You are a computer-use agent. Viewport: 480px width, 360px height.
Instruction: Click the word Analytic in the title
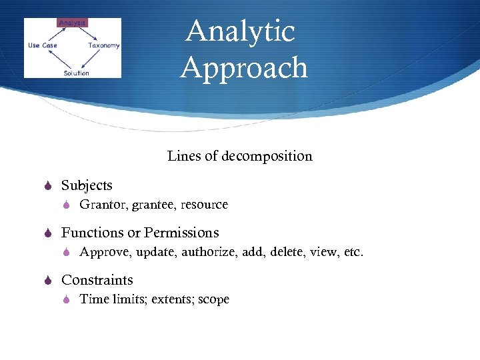coord(240,31)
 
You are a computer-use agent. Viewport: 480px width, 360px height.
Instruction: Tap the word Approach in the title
coord(244,67)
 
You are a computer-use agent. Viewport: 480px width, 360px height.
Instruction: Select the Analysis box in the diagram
coord(73,23)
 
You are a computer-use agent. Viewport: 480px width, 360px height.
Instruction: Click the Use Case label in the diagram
coord(43,45)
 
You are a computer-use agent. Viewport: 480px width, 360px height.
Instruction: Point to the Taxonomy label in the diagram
coord(103,45)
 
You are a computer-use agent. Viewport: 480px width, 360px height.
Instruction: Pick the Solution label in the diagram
coord(76,73)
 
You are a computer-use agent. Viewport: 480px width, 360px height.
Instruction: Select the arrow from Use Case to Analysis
coord(49,33)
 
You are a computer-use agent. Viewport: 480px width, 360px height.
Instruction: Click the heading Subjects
coord(87,185)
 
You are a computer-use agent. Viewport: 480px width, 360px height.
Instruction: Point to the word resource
coord(204,205)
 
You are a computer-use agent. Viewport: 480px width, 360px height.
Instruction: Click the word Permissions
coord(181,233)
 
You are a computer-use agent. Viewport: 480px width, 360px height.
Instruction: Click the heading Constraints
coord(97,280)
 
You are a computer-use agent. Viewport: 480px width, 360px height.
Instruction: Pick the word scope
coord(213,299)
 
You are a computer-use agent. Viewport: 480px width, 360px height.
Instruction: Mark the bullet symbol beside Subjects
coord(48,186)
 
